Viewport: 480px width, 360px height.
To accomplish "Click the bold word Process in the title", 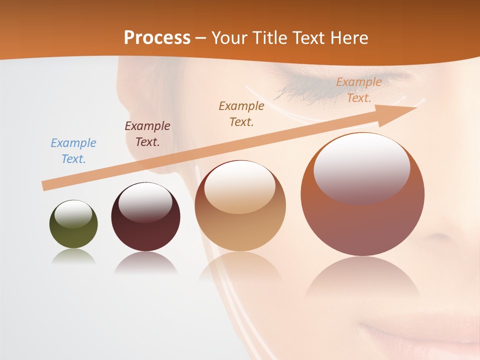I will coord(157,38).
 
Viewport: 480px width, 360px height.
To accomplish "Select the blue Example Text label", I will coord(73,151).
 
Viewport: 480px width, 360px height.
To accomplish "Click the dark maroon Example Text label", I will coord(147,134).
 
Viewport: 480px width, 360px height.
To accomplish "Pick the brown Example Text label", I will coord(241,114).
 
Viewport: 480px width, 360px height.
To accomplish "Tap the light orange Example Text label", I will coord(358,90).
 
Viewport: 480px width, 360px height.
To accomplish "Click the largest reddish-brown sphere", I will coord(362,220).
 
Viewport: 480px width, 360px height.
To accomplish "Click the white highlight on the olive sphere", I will coord(73,213).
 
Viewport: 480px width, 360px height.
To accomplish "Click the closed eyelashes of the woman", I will coord(300,90).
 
